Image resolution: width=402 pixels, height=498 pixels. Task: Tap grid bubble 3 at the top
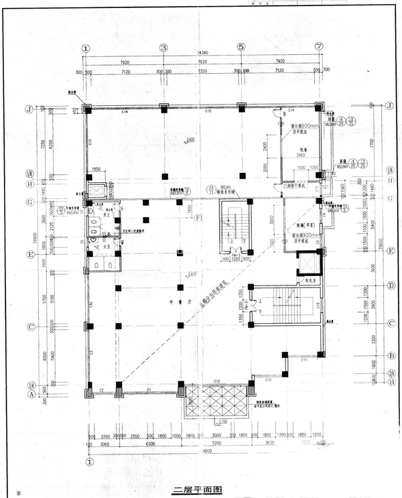[163, 48]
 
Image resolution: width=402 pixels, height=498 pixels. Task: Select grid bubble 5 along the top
[241, 48]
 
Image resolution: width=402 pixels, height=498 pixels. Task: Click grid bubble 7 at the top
[318, 48]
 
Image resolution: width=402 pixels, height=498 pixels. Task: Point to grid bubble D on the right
[389, 286]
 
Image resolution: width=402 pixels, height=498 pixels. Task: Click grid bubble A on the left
[29, 395]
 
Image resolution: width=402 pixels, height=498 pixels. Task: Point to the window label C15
[208, 110]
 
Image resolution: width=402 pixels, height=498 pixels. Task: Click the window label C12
[217, 381]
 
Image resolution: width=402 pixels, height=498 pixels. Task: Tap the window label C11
[304, 361]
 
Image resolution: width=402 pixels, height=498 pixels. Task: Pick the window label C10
[267, 379]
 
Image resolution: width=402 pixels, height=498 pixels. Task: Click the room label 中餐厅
[176, 302]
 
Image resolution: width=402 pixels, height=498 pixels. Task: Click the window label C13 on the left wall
[89, 141]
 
